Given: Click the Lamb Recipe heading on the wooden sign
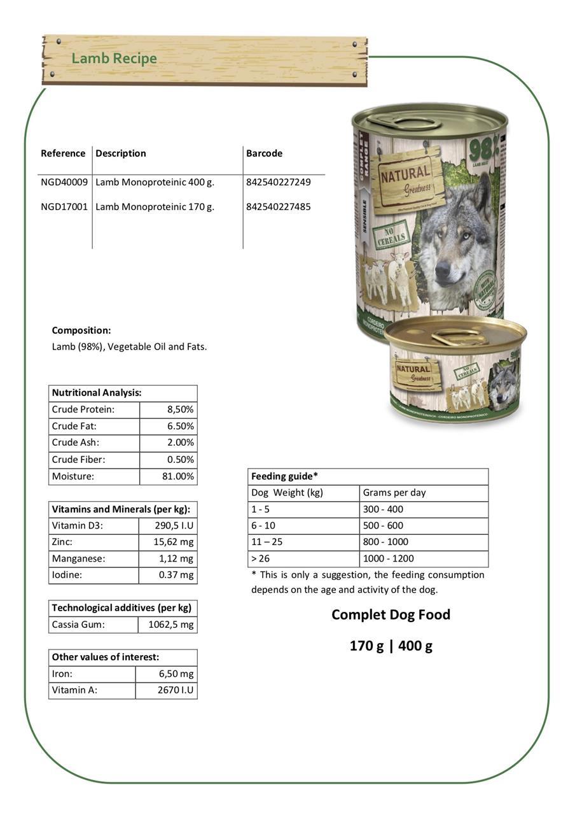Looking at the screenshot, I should point(114,59).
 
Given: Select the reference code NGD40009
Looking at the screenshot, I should point(64,182).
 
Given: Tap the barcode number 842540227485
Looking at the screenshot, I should point(279,207).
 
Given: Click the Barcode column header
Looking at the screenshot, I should point(264,153).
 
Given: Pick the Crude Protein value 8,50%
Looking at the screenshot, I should point(180,409).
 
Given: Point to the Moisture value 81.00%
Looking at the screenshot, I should point(178,476).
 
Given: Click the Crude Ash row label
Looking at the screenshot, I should point(76,443).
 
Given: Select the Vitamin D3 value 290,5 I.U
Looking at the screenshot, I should point(174,526).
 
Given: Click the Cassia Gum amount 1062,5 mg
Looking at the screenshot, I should point(170,625).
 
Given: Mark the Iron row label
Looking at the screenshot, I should point(62,674).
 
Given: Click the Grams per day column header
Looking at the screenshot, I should point(394,493).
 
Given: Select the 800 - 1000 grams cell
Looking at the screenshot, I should point(385,542).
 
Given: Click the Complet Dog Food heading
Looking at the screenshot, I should point(391,614).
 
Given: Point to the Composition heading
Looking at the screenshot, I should point(81,330).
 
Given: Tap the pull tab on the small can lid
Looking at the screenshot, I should point(459,336).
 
